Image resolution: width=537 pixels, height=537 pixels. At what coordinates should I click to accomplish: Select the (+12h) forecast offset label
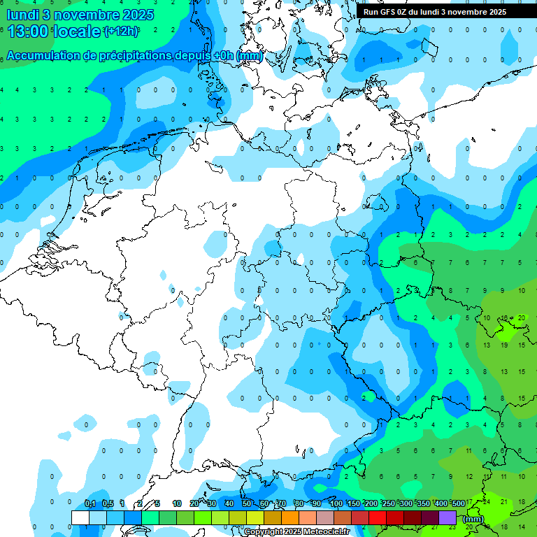point(121,31)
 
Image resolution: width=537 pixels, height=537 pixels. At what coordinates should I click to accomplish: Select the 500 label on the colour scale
point(458,503)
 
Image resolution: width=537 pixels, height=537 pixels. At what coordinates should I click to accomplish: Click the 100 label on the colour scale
point(336,503)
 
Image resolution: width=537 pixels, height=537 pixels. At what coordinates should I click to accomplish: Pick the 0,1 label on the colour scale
point(89,503)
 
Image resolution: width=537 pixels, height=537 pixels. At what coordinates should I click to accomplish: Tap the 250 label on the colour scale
point(388,503)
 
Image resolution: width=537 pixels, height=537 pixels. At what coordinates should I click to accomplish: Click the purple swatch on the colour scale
point(447,517)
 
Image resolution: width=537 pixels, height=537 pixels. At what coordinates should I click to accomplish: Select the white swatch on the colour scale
point(80,517)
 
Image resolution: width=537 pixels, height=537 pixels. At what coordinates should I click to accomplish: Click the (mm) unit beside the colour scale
point(473,519)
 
